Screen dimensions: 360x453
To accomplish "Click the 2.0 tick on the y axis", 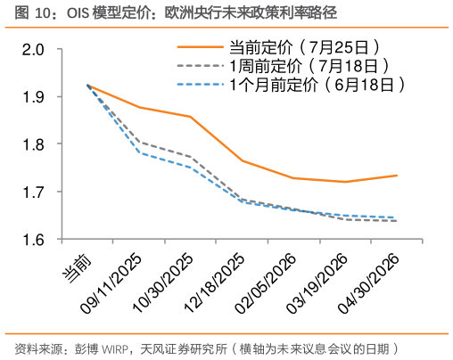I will [34, 48].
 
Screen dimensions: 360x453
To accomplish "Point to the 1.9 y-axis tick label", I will [34, 96].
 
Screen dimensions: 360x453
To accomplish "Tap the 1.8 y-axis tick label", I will [34, 144].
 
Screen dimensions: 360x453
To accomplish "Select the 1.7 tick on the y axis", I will [34, 192].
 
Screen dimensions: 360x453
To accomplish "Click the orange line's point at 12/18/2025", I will [243, 160].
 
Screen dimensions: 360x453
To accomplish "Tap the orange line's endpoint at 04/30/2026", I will [397, 176].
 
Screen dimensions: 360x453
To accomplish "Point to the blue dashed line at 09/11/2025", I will [139, 152].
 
